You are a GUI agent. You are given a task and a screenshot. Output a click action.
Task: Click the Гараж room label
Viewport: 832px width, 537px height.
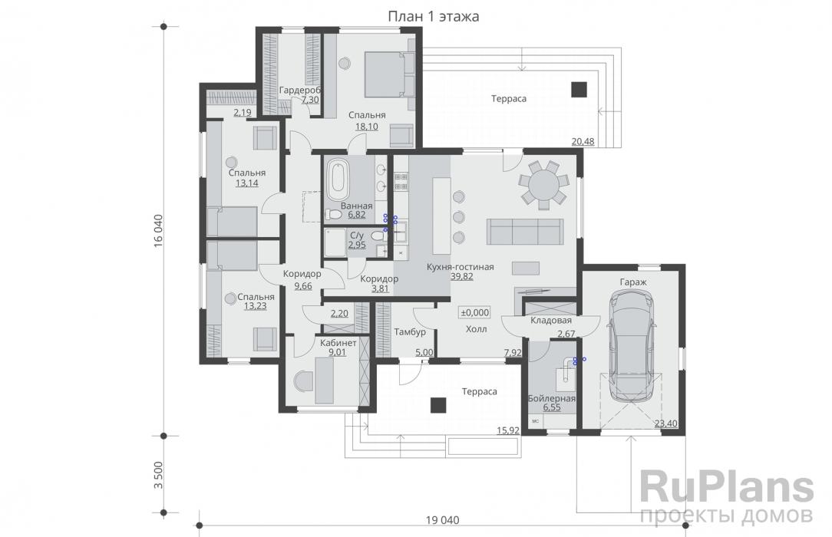click(x=633, y=282)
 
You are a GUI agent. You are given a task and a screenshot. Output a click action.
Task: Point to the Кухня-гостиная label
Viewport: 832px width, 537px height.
click(x=460, y=267)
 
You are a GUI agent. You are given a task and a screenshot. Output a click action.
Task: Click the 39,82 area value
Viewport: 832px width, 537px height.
click(x=461, y=277)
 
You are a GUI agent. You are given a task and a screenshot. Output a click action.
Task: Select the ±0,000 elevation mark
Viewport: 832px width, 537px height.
click(x=475, y=313)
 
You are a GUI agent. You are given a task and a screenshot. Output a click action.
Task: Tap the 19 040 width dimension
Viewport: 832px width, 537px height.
click(x=443, y=520)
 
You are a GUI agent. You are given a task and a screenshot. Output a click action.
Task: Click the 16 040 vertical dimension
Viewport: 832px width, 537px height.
click(x=157, y=231)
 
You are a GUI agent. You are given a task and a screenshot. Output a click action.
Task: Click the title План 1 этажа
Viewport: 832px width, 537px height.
click(x=434, y=16)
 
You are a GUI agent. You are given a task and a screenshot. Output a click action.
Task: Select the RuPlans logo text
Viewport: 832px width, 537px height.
click(x=726, y=488)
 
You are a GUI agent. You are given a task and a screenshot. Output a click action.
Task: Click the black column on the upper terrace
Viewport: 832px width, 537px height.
click(x=579, y=89)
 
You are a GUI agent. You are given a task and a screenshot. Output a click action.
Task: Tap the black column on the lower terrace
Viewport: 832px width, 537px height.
click(x=437, y=405)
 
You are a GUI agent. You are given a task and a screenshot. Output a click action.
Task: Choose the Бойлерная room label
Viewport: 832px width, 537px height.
click(x=552, y=399)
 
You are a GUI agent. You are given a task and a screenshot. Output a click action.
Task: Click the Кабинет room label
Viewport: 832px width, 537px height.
click(x=338, y=343)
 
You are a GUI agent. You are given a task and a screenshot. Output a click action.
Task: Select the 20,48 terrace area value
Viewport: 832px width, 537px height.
click(x=583, y=142)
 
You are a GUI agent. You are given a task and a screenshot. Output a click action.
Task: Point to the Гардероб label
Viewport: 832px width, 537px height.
click(x=300, y=90)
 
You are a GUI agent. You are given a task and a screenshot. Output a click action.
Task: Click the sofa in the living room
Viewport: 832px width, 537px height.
click(x=525, y=231)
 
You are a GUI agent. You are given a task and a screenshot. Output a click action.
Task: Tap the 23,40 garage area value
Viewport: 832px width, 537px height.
click(x=665, y=423)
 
